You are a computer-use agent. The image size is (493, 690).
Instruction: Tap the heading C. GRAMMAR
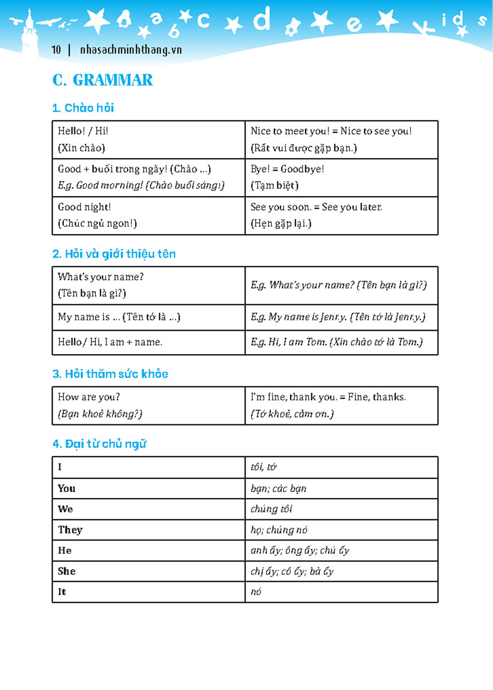coord(102,80)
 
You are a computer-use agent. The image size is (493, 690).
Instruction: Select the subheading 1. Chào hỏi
coord(86,108)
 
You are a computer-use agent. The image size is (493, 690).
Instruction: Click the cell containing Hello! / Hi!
coord(148,139)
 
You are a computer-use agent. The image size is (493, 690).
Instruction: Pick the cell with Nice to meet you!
coord(341,139)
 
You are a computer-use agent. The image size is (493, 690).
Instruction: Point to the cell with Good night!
coord(148,215)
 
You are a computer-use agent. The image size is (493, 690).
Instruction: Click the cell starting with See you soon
coord(341,215)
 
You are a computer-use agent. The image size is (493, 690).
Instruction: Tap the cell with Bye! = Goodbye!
coord(341,177)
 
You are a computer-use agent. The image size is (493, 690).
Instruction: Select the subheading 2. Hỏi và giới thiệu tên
coord(114,254)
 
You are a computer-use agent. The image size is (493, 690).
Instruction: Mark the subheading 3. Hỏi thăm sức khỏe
coord(110,374)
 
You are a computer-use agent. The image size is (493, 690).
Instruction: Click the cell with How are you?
coord(148,405)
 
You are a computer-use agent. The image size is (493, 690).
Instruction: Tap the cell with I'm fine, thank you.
coord(341,405)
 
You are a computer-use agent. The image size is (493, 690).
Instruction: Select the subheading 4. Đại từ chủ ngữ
coord(99,444)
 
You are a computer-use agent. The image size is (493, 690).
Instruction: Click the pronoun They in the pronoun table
coord(70,530)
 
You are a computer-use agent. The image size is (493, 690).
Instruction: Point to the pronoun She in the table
coord(67,571)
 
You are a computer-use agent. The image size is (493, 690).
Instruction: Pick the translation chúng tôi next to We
coord(272,509)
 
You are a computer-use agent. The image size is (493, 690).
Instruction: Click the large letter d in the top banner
coord(262,21)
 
